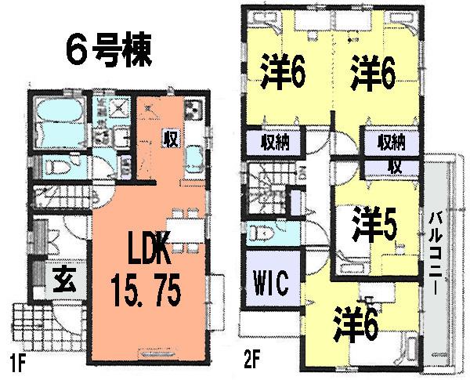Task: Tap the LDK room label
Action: point(145,255)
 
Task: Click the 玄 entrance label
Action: point(63,277)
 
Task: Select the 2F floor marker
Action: point(251,364)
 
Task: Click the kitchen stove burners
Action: point(194,110)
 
